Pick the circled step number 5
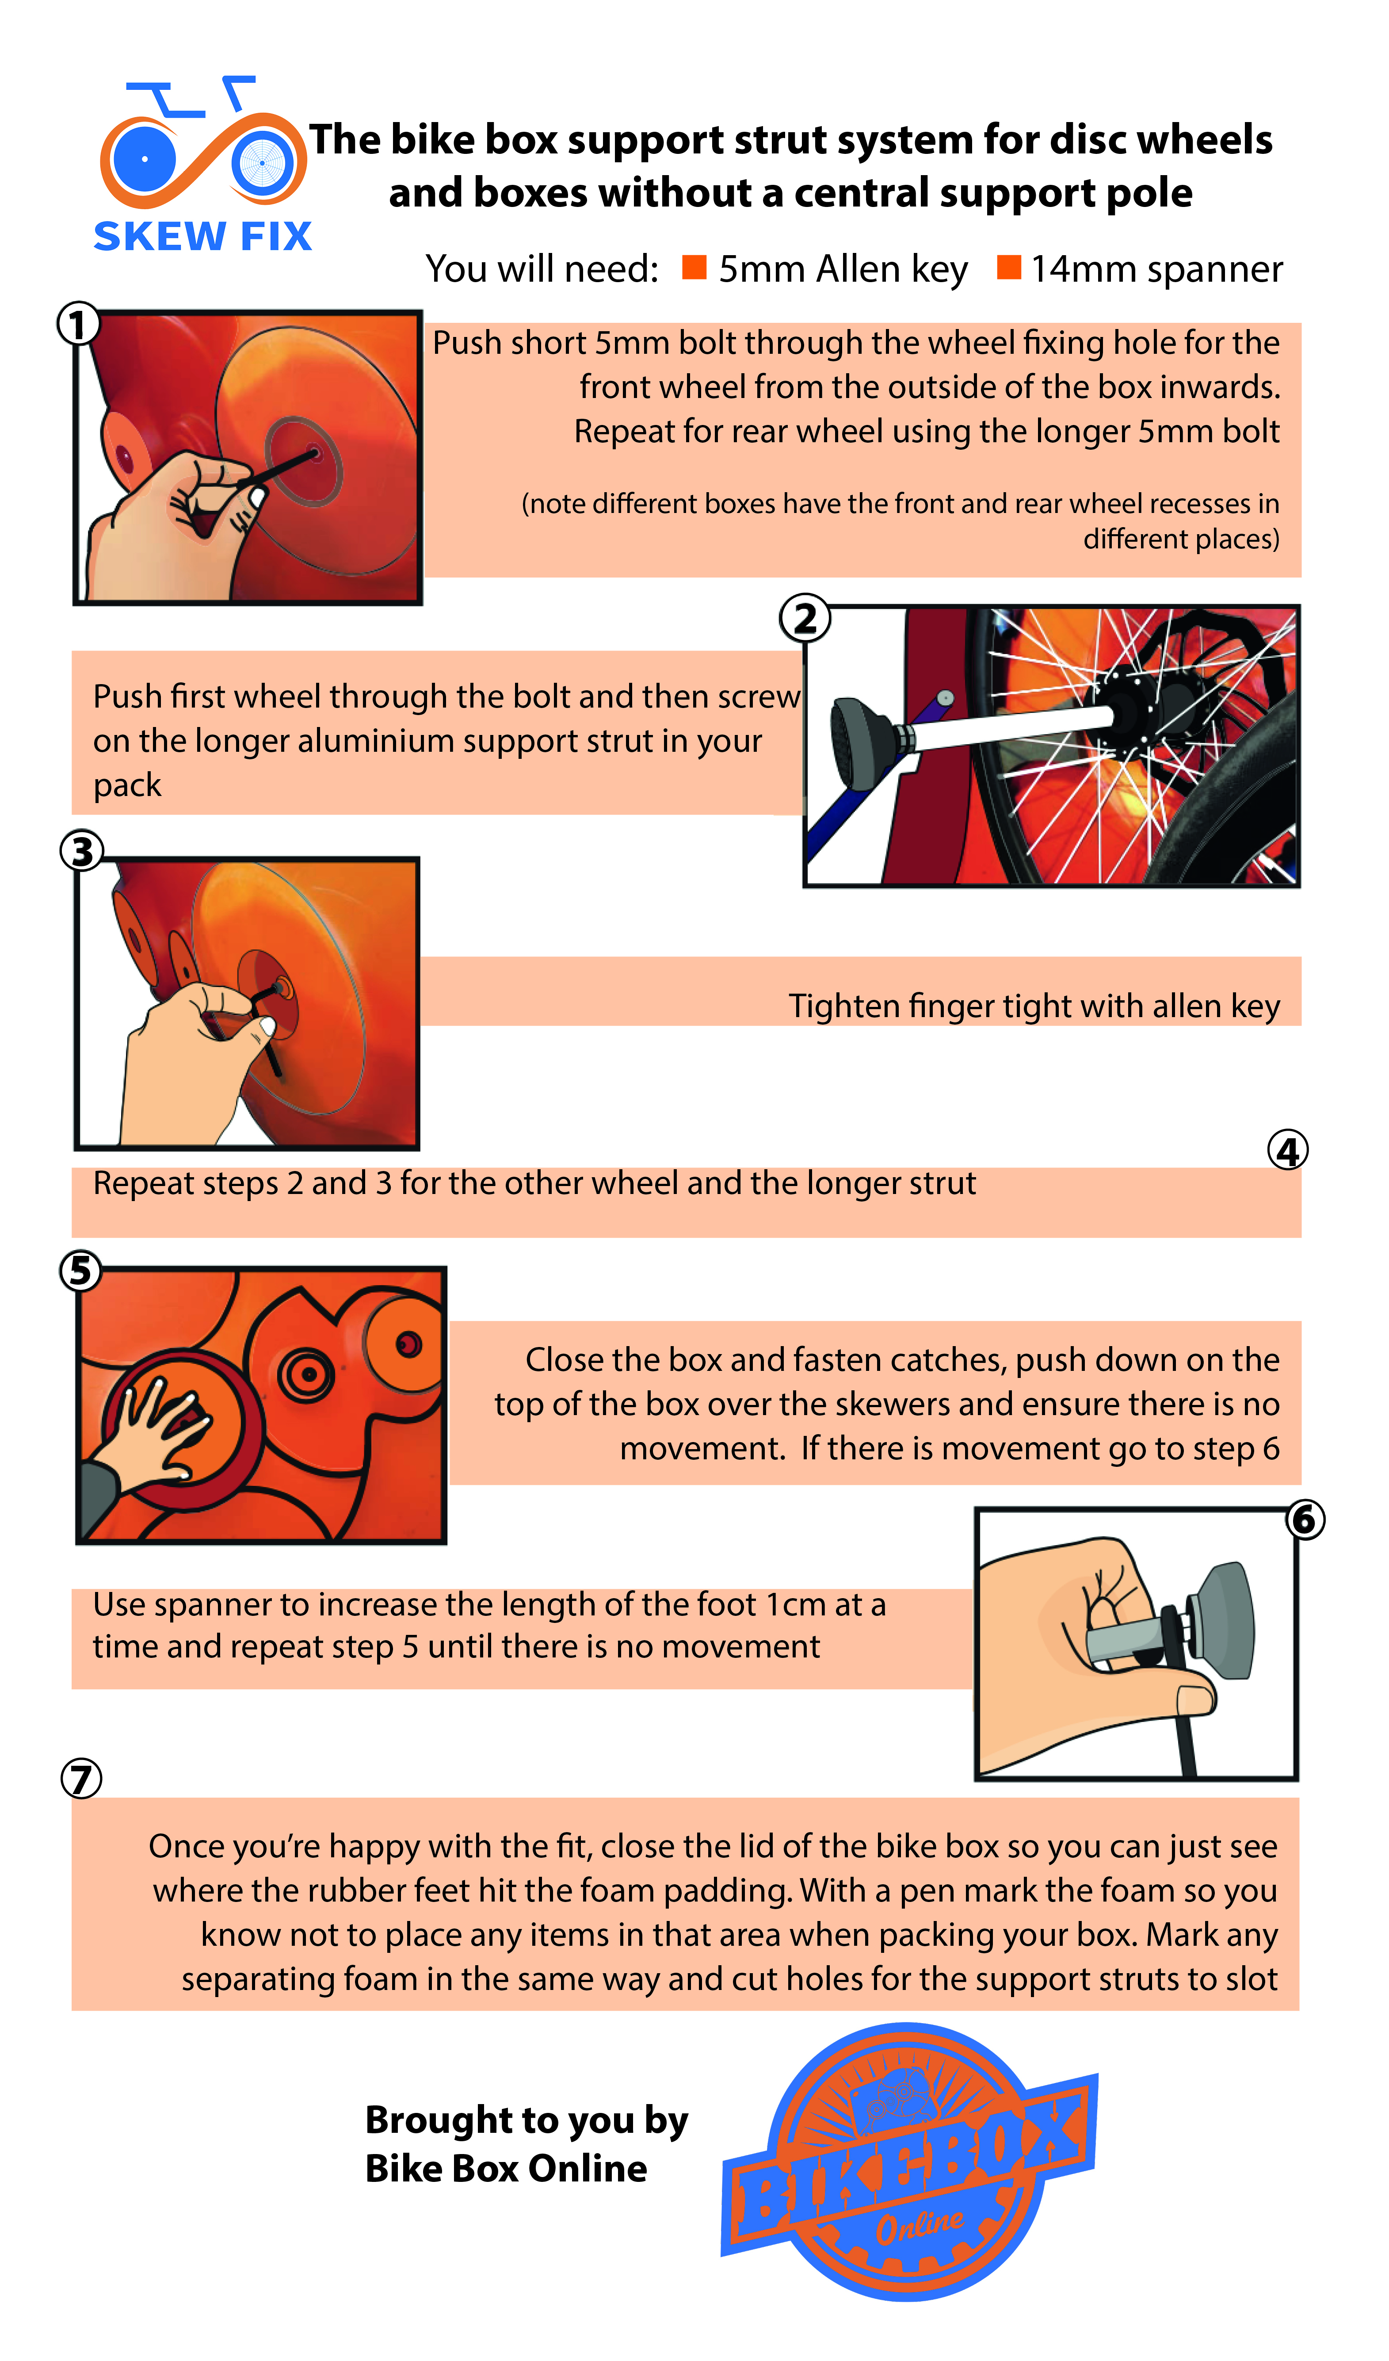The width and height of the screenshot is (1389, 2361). click(80, 1271)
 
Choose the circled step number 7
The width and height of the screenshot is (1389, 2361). click(81, 1779)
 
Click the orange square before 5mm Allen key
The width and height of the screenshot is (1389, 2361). click(694, 267)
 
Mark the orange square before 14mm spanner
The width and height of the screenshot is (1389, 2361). click(1009, 267)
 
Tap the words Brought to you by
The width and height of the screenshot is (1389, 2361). click(527, 2119)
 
